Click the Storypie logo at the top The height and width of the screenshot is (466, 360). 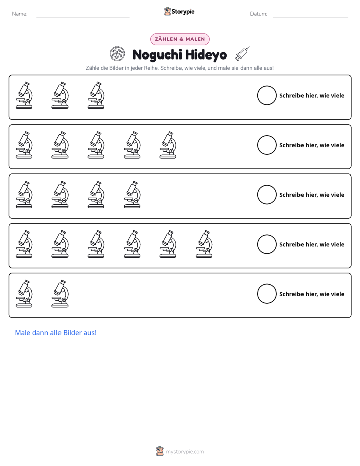point(179,11)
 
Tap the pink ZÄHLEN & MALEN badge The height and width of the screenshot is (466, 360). point(179,39)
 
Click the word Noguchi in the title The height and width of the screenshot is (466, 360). point(157,54)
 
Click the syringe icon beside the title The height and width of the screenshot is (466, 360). point(243,53)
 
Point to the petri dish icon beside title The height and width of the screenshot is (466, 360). point(117,54)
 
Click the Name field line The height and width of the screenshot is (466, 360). point(83,17)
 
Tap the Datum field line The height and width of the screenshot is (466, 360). point(311,17)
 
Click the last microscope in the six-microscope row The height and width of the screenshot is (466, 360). point(204,244)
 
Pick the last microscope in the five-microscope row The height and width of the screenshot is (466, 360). point(168,145)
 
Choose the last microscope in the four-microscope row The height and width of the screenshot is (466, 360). point(132,195)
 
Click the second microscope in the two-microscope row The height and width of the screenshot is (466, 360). point(60,294)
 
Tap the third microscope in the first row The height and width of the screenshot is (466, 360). point(96,95)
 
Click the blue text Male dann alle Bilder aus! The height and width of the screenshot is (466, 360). point(56,333)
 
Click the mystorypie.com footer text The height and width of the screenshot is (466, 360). point(185,452)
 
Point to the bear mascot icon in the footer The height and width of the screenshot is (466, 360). point(160,451)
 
